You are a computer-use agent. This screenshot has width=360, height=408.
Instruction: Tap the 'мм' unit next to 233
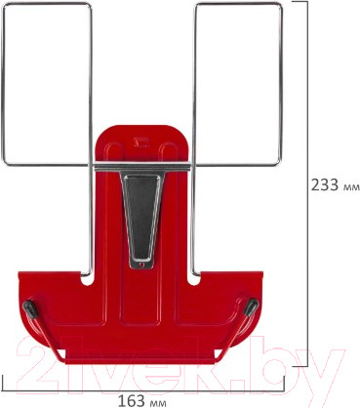click(x=346, y=185)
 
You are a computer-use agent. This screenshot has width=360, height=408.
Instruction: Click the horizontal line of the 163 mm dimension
click(x=98, y=387)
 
